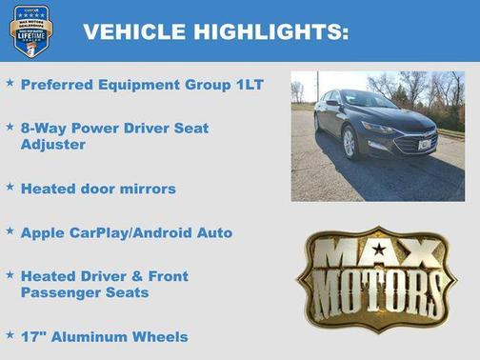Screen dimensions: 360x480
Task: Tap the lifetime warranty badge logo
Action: click(30, 30)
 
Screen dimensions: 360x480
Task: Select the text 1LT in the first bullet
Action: click(248, 85)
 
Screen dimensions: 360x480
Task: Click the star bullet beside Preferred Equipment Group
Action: click(10, 84)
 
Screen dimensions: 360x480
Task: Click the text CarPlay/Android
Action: click(145, 231)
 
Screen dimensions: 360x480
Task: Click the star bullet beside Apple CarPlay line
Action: click(10, 230)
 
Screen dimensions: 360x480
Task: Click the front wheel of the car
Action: click(350, 144)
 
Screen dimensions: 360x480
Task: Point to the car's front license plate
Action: click(416, 145)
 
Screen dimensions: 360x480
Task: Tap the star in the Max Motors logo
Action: click(379, 250)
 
